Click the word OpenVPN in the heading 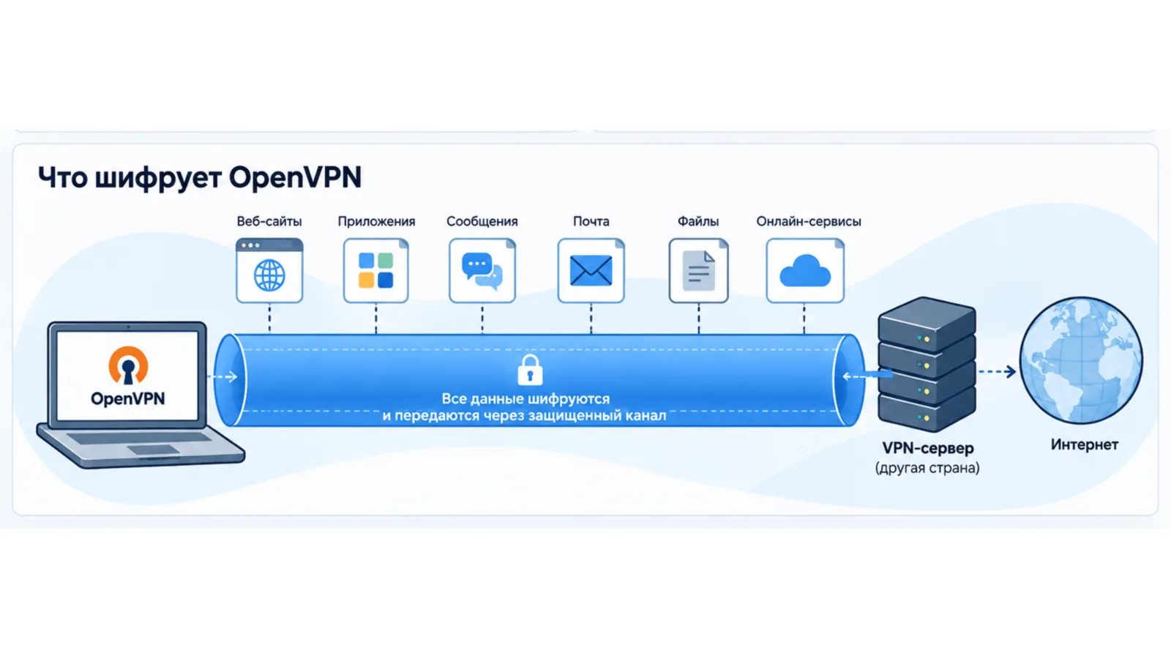tap(295, 177)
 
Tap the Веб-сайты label tap(269, 221)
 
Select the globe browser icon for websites tap(269, 270)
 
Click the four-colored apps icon tap(376, 270)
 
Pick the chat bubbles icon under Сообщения tap(482, 270)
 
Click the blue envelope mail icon tap(591, 270)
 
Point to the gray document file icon tap(699, 270)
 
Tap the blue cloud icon tap(805, 270)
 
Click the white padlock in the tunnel tap(530, 370)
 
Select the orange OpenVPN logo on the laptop tap(128, 365)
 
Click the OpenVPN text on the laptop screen tap(127, 398)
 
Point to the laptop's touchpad tap(153, 450)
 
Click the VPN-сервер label tap(928, 448)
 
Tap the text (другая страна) tap(927, 468)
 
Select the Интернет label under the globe tap(1084, 444)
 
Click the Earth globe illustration tap(1081, 360)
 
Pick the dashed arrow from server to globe tap(997, 372)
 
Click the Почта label tap(591, 221)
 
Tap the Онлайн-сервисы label tap(808, 221)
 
